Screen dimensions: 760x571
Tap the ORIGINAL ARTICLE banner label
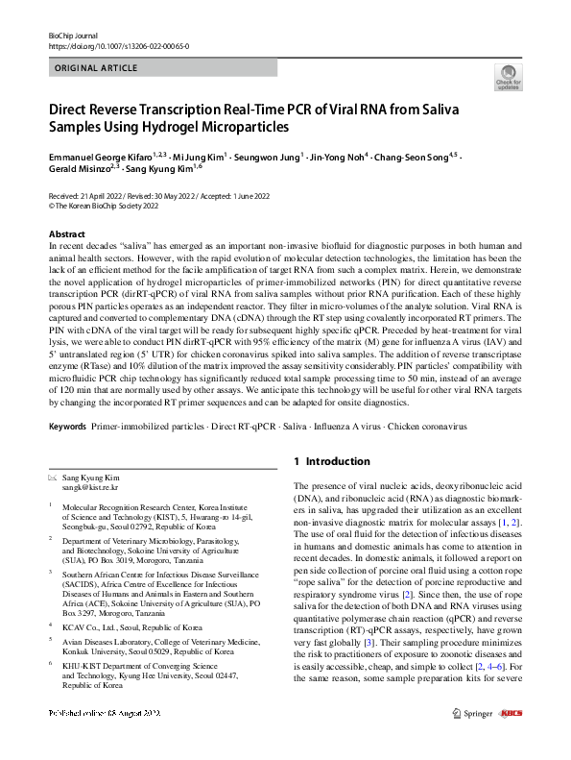98,70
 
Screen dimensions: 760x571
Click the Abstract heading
66,234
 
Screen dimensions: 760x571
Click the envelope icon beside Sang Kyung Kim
52,478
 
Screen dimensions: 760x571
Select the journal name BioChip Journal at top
74,35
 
